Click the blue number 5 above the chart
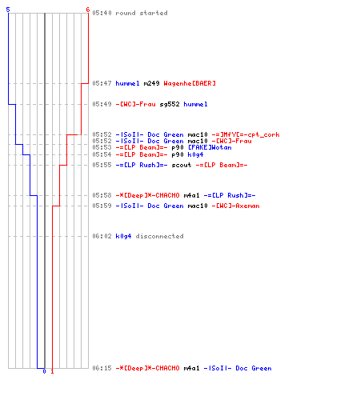coord(8,10)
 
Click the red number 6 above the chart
coord(88,10)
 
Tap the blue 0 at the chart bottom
coord(44,371)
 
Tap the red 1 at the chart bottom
coord(52,371)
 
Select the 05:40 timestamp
coord(102,13)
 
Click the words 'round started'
coord(142,13)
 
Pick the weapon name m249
coord(151,83)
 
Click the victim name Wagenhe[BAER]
coord(190,83)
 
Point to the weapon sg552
coord(170,104)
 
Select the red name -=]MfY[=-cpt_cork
coord(246,134)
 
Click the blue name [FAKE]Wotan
coord(210,147)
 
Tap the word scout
coord(182,165)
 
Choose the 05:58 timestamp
coord(102,195)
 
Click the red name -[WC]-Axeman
coord(235,206)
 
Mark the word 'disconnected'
coord(159,236)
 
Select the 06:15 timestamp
coord(102,368)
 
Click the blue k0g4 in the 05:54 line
coord(195,154)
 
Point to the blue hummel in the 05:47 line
coord(127,83)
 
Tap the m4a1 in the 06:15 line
coord(191,368)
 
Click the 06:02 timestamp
coord(102,236)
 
